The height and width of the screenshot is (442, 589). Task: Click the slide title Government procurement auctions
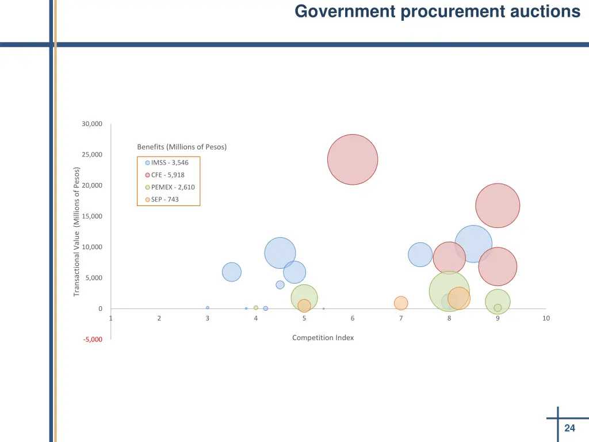tap(437, 12)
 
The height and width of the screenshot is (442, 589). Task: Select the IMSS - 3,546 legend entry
tap(169, 162)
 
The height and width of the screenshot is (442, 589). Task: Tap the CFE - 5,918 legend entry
tap(167, 175)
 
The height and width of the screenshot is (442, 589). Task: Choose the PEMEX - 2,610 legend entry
tap(173, 187)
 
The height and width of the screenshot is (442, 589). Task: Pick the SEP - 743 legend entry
tap(165, 200)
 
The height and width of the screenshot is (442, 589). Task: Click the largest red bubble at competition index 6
tap(353, 159)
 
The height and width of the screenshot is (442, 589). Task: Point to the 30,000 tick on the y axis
tap(92, 124)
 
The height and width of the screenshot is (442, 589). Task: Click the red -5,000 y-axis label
tap(92, 340)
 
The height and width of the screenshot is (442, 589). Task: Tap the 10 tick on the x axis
tap(546, 318)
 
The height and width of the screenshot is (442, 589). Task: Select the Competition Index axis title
tap(323, 338)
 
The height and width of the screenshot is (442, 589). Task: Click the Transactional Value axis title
tap(77, 232)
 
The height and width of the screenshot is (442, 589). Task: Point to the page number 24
tap(569, 428)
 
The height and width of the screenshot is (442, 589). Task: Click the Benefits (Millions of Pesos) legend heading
tap(182, 147)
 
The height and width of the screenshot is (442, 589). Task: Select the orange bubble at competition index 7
tap(401, 303)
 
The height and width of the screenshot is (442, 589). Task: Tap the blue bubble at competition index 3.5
tap(231, 272)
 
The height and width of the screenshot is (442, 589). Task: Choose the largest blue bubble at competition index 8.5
tap(473, 243)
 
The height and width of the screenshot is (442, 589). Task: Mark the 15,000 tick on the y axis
tap(92, 216)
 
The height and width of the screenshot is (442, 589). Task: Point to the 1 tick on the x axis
tap(110, 318)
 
